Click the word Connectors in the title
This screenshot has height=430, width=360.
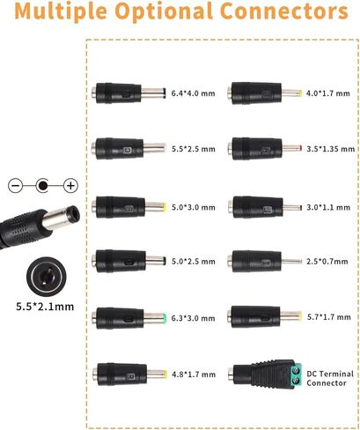point(284,11)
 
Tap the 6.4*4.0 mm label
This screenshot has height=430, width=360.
point(193,93)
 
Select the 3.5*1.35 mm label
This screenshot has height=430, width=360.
point(331,149)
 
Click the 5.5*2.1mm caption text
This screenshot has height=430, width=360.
point(45,307)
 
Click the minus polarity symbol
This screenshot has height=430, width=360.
point(15,186)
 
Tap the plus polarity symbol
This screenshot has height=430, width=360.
point(70,186)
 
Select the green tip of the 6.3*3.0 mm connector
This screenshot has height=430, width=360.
point(165,318)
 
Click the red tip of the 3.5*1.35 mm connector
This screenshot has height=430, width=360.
point(300,148)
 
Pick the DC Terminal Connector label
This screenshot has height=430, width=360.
point(330,378)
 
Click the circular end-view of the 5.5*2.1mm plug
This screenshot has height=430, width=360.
point(47,277)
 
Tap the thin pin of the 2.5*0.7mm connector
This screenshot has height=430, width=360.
point(291,261)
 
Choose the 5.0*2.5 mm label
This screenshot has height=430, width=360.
point(194,262)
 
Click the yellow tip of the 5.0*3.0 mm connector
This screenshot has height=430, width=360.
point(165,207)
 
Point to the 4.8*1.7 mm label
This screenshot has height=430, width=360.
point(194,374)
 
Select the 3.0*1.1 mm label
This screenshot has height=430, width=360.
point(328,207)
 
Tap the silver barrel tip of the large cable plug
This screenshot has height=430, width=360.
point(61,217)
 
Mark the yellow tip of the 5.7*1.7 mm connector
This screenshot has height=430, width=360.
point(299,316)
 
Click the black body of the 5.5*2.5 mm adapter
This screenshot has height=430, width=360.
point(120,149)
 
